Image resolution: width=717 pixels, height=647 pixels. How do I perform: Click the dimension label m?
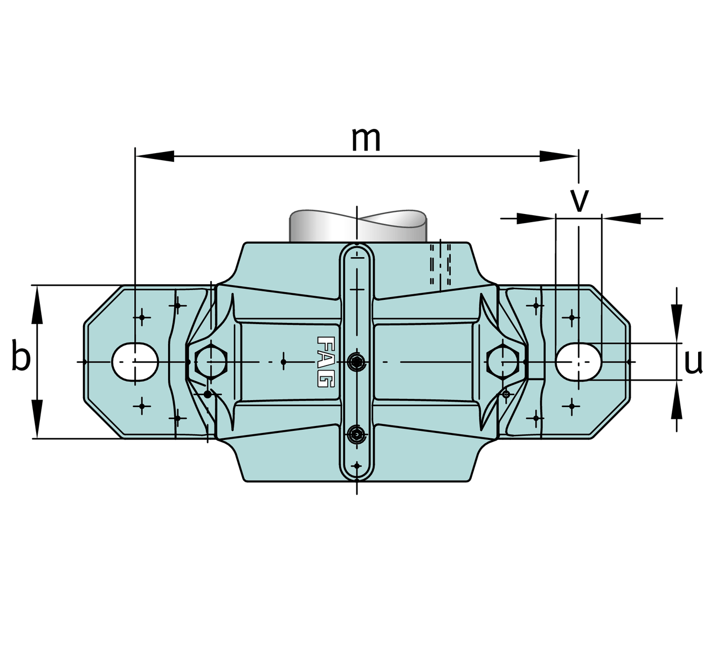point(366,140)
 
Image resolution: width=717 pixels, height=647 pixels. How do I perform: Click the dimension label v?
point(579,201)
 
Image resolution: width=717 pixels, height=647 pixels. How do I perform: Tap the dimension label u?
point(693,362)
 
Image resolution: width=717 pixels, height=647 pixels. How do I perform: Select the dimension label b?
point(20,355)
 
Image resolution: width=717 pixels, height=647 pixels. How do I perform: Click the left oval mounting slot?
point(135,362)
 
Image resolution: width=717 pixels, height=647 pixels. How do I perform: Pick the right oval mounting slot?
point(578,362)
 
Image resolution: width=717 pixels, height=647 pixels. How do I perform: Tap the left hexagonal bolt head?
point(211,362)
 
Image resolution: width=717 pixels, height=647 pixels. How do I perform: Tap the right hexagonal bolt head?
point(503,362)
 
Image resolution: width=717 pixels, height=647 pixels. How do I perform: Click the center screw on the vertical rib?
point(356,362)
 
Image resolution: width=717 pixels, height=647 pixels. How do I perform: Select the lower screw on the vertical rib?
point(356,435)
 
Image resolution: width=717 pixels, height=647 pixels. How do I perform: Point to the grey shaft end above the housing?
point(358,225)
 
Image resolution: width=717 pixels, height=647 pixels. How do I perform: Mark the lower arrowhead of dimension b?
point(37,419)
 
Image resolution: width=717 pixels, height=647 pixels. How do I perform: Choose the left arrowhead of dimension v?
point(536,218)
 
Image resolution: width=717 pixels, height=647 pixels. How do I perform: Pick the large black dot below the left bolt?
point(208,394)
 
